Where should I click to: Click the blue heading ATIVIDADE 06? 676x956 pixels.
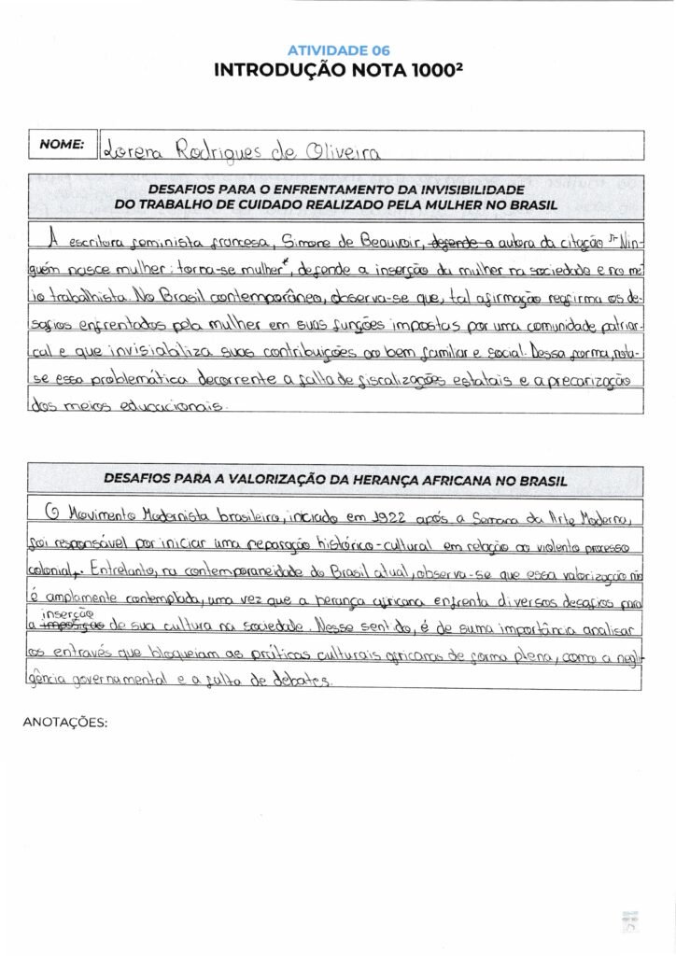click(x=338, y=50)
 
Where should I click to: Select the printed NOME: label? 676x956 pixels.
click(x=63, y=145)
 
